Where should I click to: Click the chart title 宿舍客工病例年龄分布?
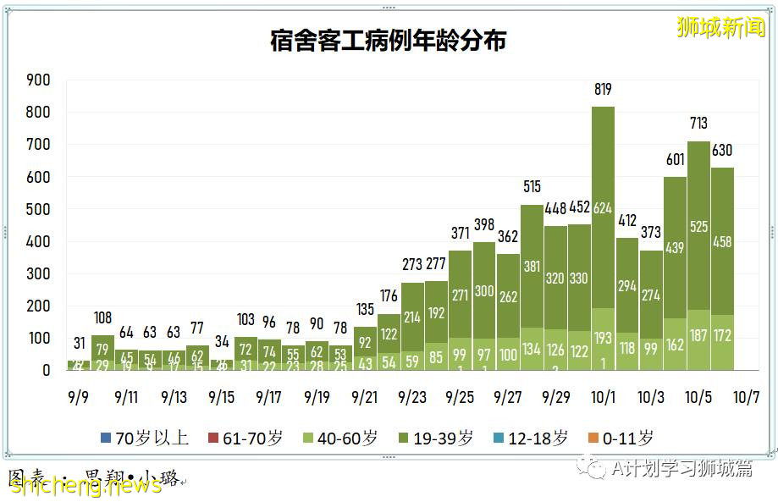click(x=388, y=40)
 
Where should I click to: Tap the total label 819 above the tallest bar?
click(x=603, y=90)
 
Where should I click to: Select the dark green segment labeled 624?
click(x=603, y=208)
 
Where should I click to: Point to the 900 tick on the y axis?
click(x=39, y=80)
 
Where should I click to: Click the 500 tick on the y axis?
click(x=39, y=210)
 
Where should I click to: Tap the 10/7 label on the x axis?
click(x=745, y=396)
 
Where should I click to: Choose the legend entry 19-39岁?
click(x=439, y=438)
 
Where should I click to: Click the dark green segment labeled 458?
click(x=722, y=241)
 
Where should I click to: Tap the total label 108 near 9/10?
click(x=103, y=319)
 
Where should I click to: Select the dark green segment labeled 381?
click(x=532, y=267)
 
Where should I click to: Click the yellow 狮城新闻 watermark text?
click(x=720, y=27)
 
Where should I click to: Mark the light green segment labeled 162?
click(x=675, y=345)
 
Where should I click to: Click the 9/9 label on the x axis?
click(x=78, y=396)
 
